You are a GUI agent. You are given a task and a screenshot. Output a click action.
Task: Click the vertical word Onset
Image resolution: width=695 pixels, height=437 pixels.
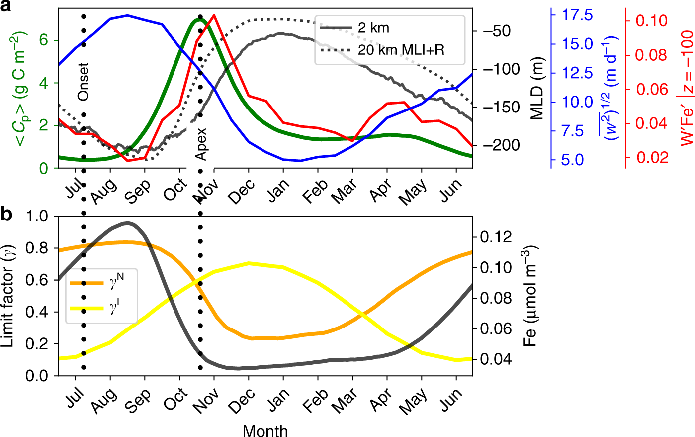84,82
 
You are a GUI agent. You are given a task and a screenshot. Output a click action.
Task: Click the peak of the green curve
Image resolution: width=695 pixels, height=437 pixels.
199,20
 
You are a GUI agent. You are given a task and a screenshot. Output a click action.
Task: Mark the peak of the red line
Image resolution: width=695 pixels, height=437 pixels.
214,15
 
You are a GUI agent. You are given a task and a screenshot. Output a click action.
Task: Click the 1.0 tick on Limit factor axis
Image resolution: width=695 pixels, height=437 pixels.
38,216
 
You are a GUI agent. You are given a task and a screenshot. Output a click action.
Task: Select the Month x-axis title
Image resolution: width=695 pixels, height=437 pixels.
265,430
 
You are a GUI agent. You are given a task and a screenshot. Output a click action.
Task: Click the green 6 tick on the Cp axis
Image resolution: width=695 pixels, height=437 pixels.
44,40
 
